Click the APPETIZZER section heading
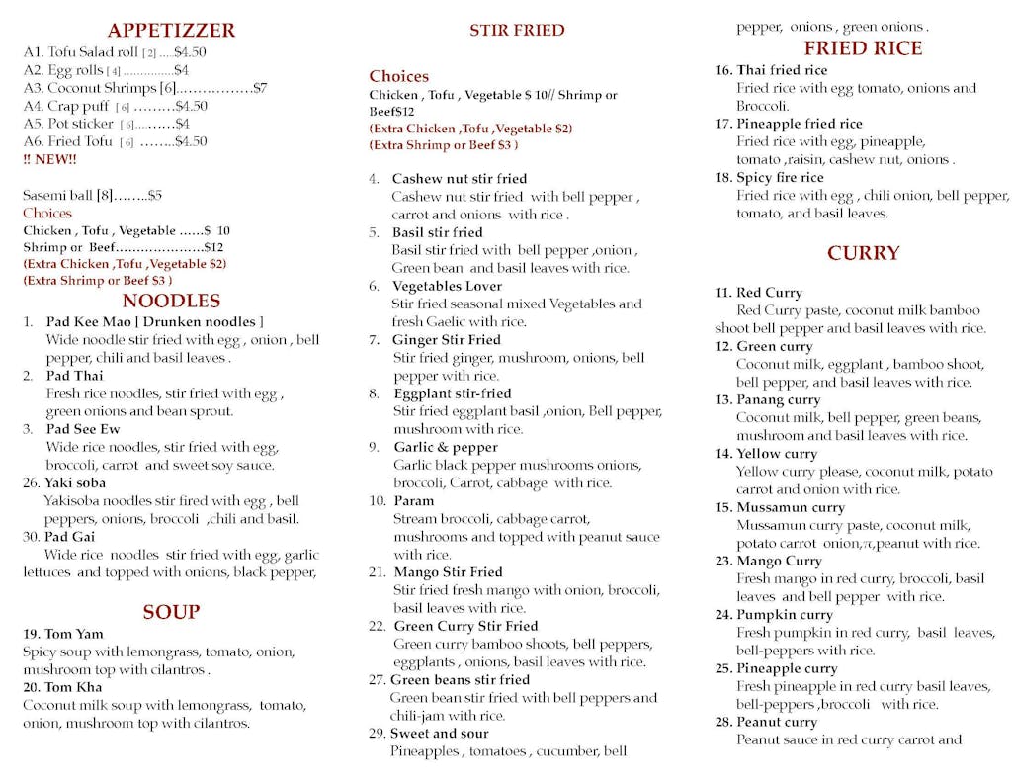coord(171,31)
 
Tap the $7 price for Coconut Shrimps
coord(259,88)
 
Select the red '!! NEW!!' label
coord(49,159)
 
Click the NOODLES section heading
coord(171,302)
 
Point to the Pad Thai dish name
coord(74,376)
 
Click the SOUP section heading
coord(171,612)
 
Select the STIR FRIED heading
coord(517,31)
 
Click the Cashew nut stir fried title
coord(460,179)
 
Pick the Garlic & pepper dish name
coord(446,447)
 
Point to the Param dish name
coord(413,501)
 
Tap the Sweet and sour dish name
coord(439,734)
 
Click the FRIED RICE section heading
coord(863,48)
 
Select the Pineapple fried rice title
coord(800,124)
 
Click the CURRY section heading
coord(863,253)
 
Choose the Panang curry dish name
coord(778,400)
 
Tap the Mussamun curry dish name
coord(791,508)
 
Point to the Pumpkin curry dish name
coord(785,615)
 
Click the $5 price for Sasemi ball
coord(155,196)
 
